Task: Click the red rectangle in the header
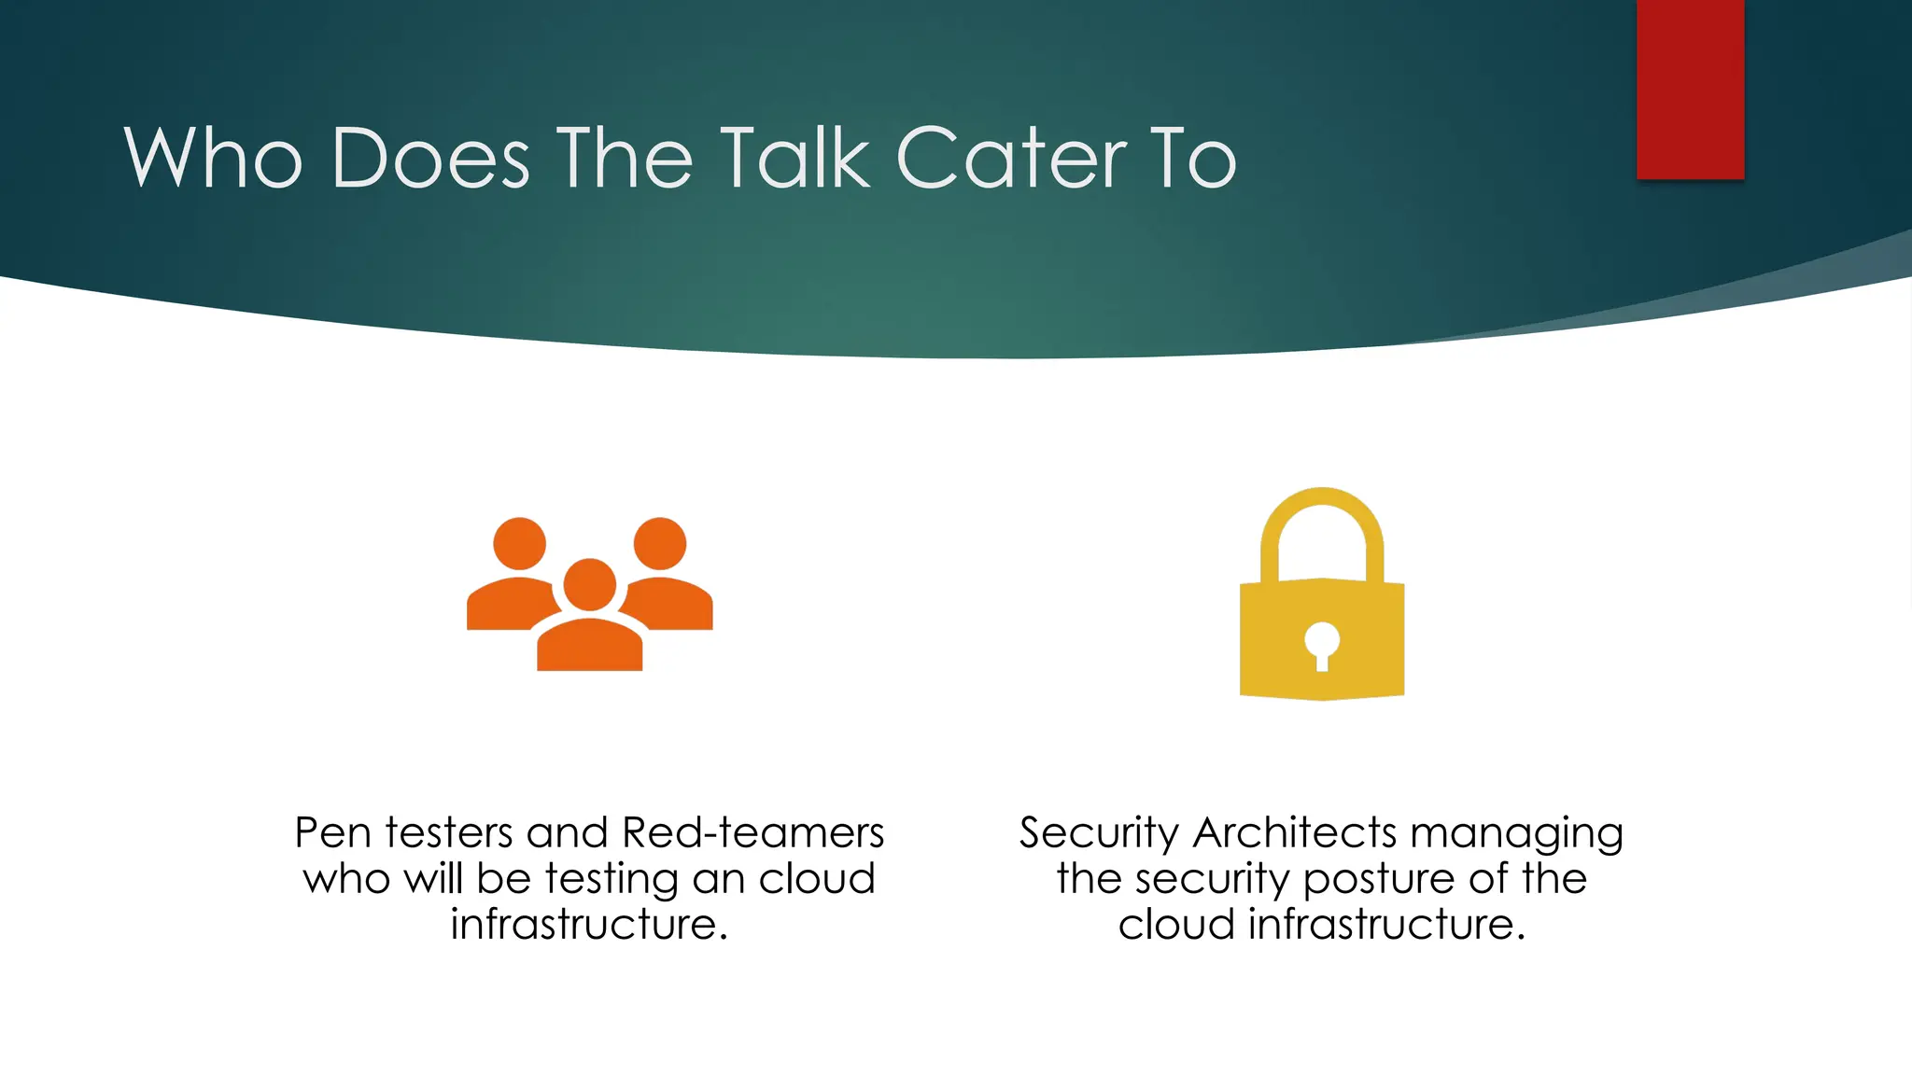point(1690,89)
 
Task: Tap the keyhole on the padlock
point(1322,645)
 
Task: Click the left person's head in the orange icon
point(519,543)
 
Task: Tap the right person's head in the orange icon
point(660,543)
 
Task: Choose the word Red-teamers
point(752,832)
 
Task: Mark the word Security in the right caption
point(1099,833)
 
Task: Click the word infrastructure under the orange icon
point(588,924)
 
